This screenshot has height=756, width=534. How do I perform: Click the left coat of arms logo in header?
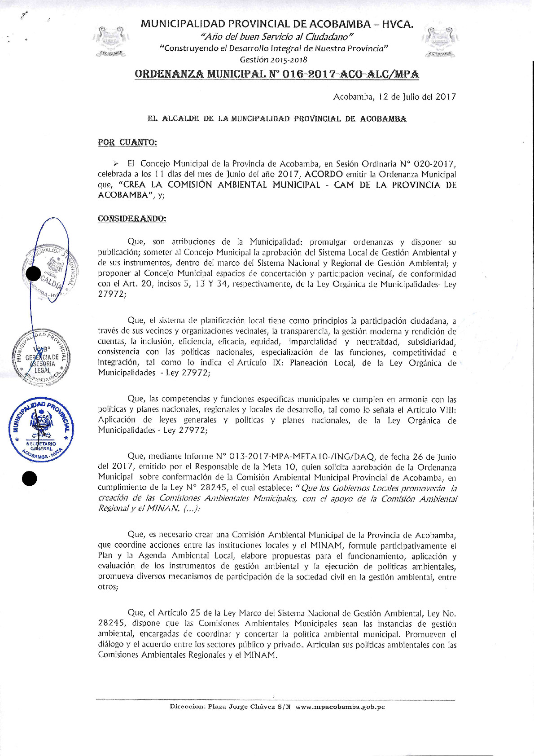point(110,41)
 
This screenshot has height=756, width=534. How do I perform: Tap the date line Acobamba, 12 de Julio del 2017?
point(394,97)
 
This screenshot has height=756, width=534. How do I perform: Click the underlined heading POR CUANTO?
point(127,142)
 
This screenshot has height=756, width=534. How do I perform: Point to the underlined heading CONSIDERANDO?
point(132,219)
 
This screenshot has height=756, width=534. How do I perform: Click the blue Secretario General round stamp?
point(42,428)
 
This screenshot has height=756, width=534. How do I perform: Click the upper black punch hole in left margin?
point(33,273)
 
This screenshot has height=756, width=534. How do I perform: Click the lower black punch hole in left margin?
point(30,479)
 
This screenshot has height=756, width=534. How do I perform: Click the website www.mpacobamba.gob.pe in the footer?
point(340,707)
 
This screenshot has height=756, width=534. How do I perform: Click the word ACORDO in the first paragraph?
point(324,174)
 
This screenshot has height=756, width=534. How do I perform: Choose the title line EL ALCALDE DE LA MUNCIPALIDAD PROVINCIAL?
point(277,119)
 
